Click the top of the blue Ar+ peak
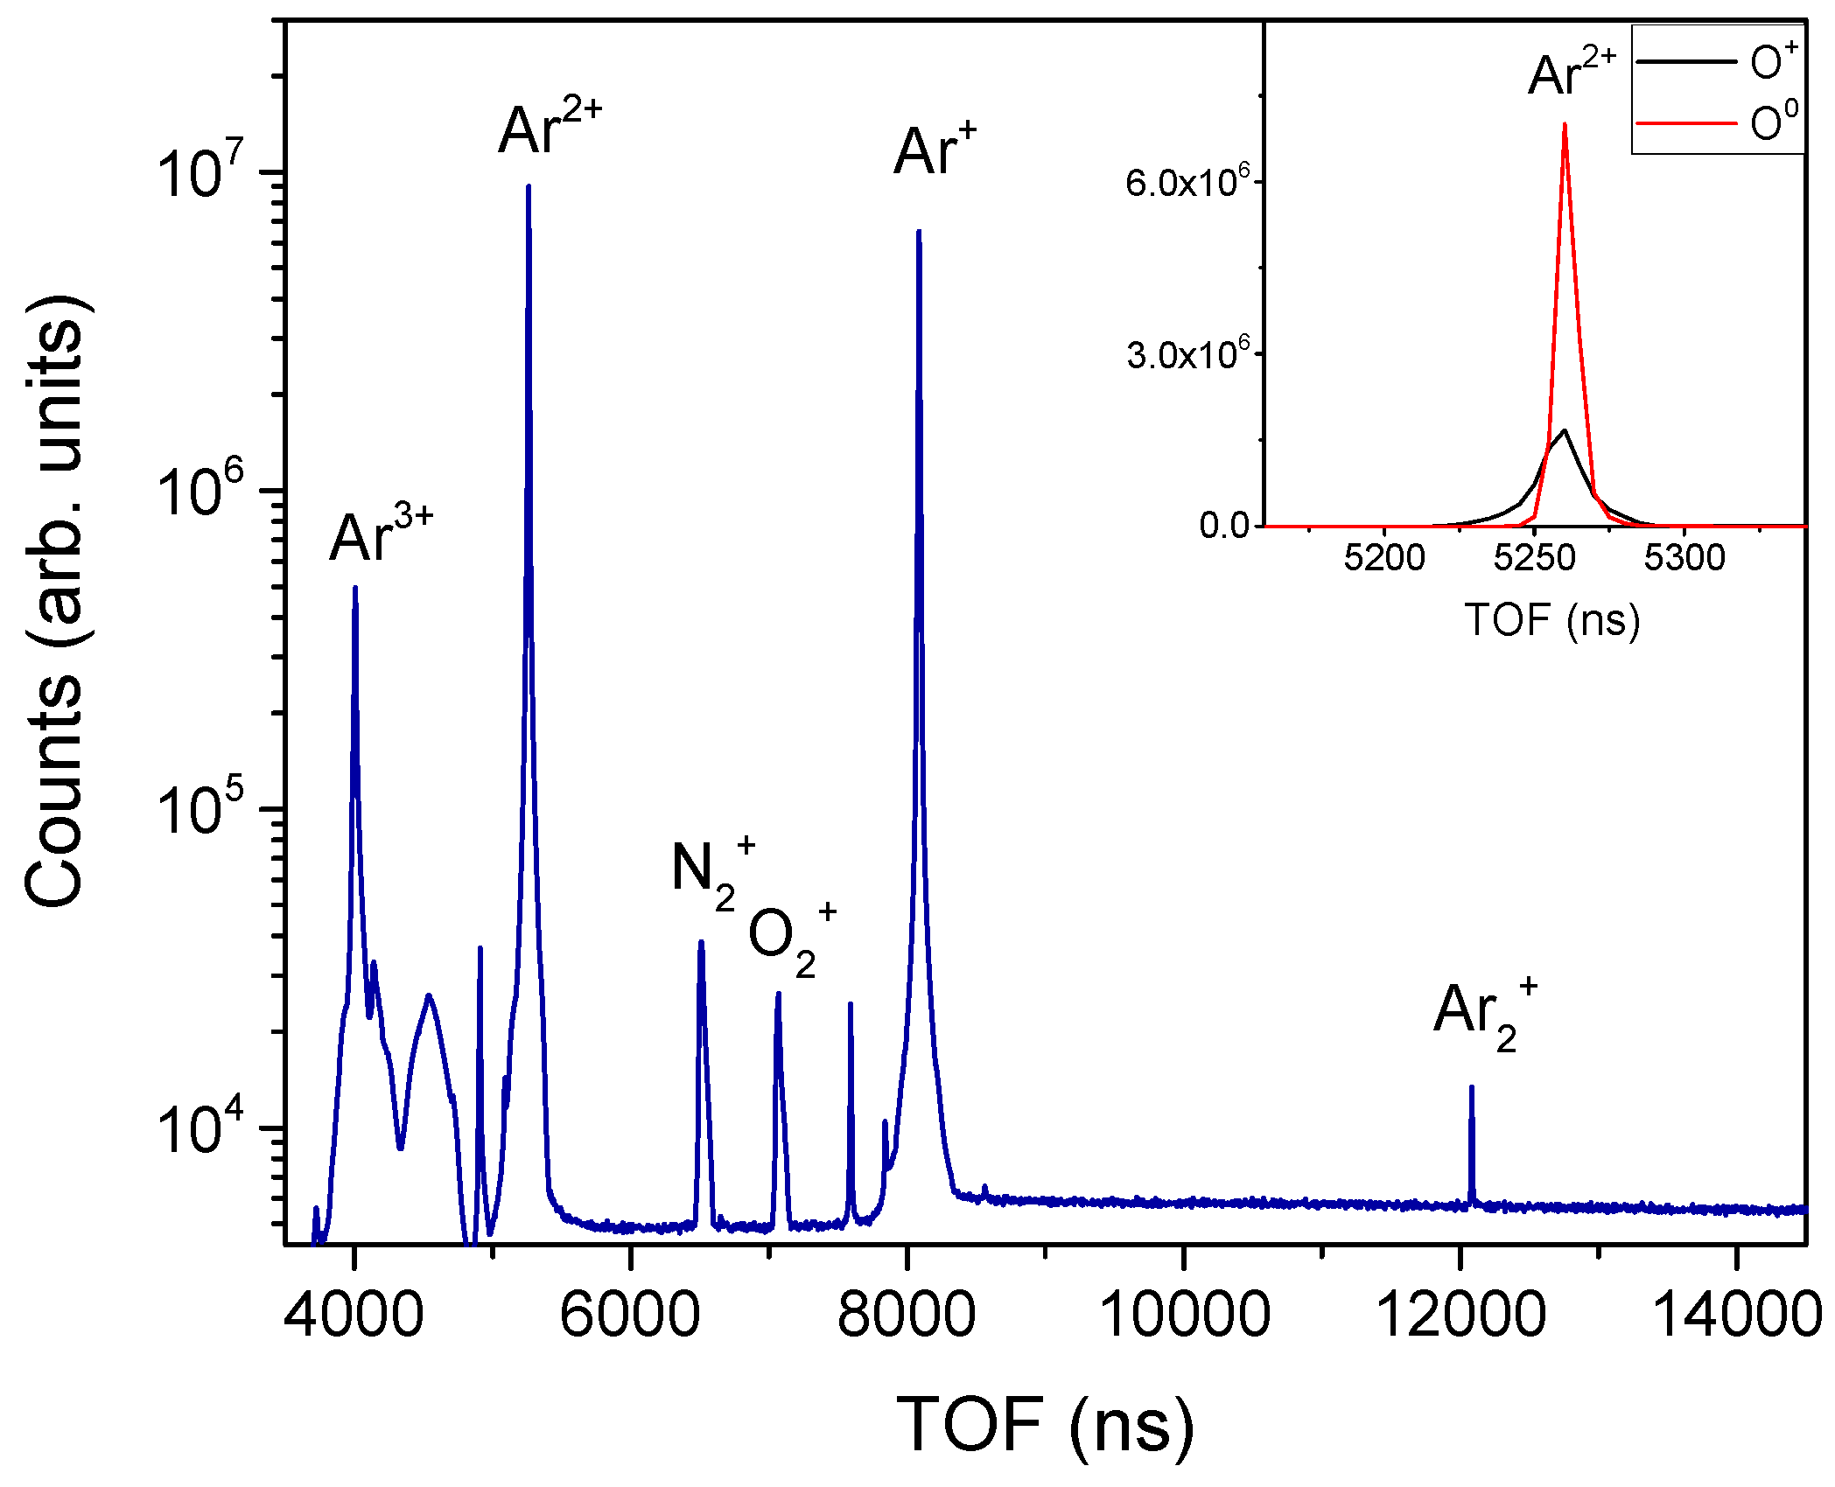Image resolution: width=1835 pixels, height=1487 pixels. pos(918,233)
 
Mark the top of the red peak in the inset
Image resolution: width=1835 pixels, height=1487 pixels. pos(1565,125)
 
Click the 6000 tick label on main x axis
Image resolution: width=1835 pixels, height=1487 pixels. pos(630,1316)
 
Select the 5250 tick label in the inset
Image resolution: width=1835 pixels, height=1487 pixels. pos(1534,557)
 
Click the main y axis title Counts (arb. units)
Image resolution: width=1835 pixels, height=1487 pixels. pos(54,604)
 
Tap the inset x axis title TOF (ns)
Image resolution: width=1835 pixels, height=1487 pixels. pos(1552,619)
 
